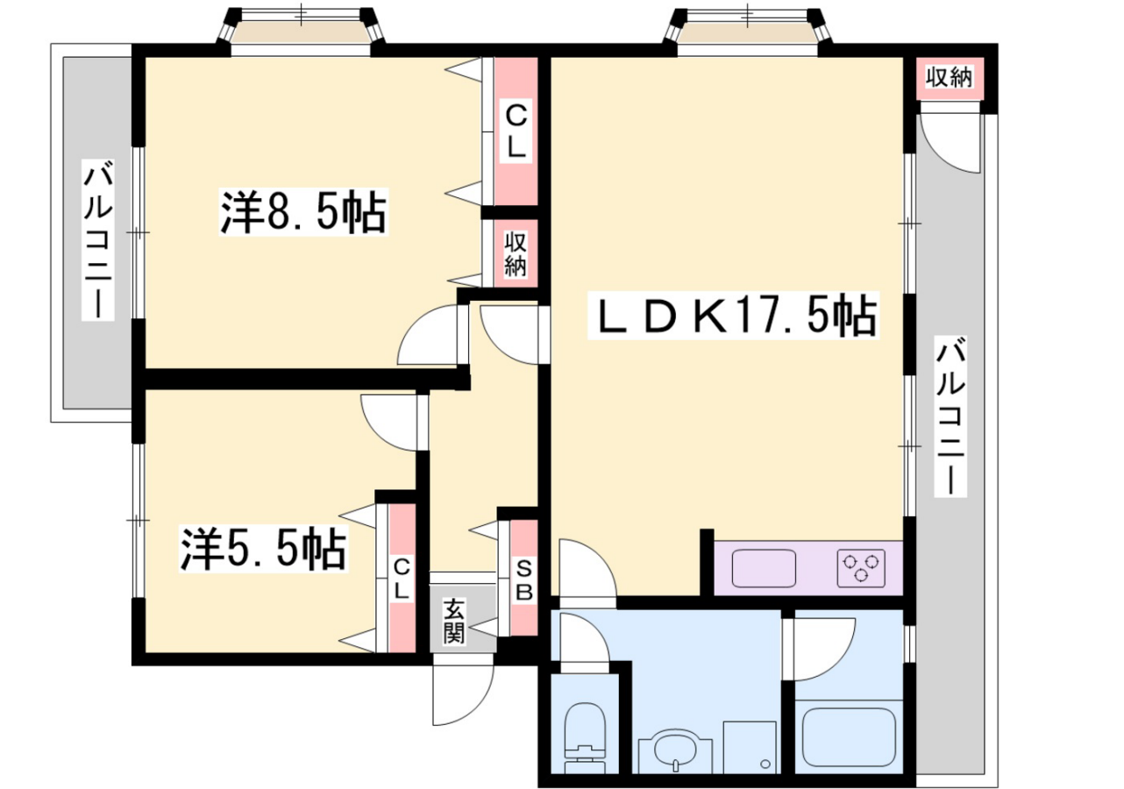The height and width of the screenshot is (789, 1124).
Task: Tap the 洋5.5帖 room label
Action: (263, 549)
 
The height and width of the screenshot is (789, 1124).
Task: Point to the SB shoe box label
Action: (523, 581)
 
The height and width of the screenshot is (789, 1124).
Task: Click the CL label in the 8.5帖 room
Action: (516, 132)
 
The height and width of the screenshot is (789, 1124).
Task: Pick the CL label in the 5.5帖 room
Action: (402, 579)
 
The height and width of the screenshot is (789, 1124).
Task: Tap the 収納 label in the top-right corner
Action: (949, 78)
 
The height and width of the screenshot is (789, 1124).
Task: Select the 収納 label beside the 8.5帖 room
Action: (516, 254)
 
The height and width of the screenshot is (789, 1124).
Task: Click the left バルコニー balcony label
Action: (99, 239)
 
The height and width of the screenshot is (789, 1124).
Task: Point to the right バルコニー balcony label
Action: (950, 416)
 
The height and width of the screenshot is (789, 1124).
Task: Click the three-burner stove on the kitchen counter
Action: (861, 568)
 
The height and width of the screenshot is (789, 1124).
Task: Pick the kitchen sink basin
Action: (764, 568)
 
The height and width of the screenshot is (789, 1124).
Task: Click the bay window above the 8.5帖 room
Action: (301, 30)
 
